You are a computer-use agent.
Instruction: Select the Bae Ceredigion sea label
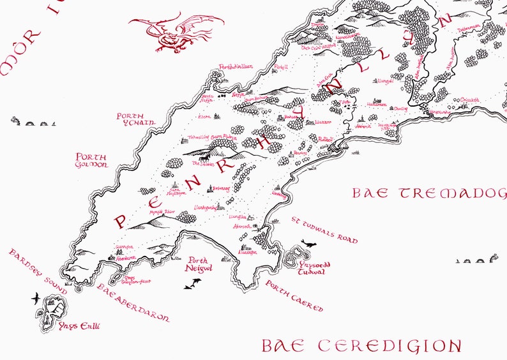coord(361,346)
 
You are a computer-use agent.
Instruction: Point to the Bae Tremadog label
coord(428,193)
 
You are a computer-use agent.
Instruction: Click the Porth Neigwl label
coord(201,265)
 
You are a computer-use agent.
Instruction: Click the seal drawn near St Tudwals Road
coord(309,244)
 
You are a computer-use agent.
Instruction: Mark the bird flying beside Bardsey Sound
coord(36,297)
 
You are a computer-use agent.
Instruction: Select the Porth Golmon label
coord(91,160)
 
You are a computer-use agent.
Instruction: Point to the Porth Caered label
coord(294,296)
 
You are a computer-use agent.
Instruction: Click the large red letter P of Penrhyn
coord(119,221)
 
